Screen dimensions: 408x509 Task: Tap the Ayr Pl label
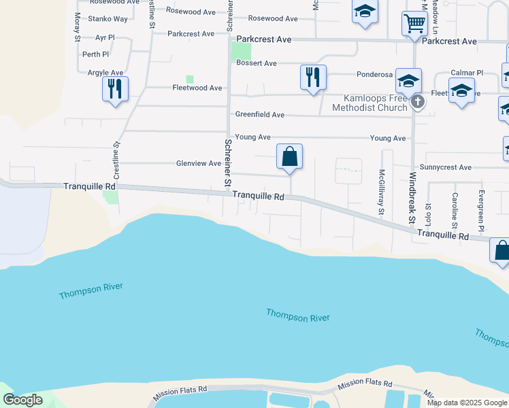[105, 38]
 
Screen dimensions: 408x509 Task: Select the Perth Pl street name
[95, 54]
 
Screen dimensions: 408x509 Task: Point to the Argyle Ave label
[105, 73]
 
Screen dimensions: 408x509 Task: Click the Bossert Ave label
[257, 63]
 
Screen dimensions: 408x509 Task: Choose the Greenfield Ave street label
[259, 115]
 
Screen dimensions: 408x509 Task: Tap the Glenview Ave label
[199, 163]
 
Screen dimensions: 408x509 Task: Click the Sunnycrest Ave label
[446, 167]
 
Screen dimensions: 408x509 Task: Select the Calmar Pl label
[466, 73]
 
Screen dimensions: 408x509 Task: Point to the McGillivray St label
[382, 192]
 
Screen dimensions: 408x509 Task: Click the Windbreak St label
[412, 197]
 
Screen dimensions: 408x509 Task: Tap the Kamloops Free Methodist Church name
[370, 103]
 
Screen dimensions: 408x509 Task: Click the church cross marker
[418, 103]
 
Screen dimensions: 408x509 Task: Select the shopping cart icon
[414, 23]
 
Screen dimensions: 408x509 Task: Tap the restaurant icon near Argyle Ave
[115, 88]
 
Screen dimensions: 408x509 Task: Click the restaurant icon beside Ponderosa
[313, 77]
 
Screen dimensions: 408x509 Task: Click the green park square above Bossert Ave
[241, 51]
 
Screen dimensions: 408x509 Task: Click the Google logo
[22, 400]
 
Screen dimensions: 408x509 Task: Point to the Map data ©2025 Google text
[467, 403]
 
